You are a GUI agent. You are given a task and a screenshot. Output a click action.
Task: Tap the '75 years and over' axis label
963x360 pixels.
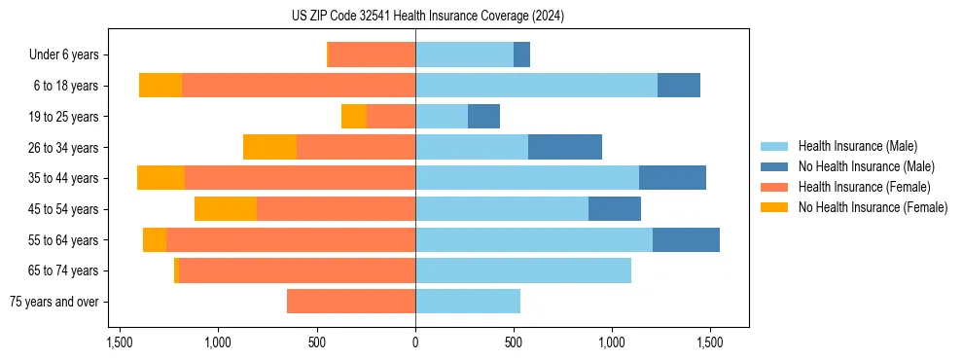tap(54, 302)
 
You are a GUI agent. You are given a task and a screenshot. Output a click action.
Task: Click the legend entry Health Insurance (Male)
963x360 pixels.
tap(856, 146)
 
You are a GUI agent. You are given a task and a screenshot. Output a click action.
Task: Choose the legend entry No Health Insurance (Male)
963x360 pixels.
tap(866, 166)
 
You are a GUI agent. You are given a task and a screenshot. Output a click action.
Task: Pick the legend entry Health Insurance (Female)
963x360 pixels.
tap(864, 187)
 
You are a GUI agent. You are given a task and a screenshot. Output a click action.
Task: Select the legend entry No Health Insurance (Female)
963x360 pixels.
tap(873, 207)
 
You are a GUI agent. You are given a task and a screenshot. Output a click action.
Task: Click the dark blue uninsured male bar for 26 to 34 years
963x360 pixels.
tap(565, 147)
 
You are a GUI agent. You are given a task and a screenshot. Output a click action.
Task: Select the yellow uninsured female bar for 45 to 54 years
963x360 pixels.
tap(226, 209)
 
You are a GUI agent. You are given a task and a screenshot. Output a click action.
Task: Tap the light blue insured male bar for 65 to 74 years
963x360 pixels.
tap(523, 270)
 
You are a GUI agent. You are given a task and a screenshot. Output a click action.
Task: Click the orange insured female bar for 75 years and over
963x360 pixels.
tap(351, 302)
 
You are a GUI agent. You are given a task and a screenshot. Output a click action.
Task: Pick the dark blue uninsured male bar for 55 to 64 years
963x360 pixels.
tap(686, 239)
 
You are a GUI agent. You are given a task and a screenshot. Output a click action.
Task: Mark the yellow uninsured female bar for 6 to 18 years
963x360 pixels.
tap(160, 86)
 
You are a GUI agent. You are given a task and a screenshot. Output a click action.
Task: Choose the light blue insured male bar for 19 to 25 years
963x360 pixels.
tap(442, 117)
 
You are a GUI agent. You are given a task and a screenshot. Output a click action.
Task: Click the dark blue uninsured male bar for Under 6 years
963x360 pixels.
tap(521, 54)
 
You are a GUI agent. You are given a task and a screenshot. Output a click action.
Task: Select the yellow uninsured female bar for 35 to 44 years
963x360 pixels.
tap(160, 178)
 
